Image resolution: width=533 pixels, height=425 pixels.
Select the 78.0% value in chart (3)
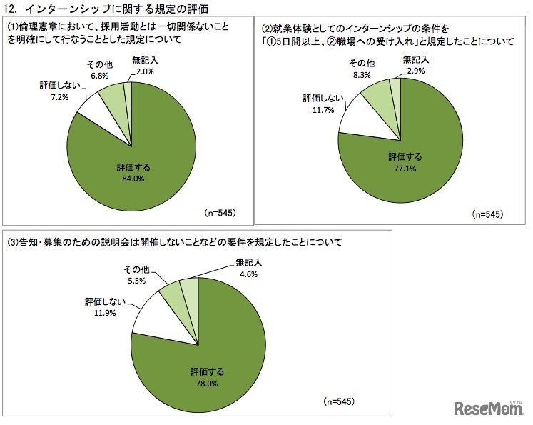(x=207, y=384)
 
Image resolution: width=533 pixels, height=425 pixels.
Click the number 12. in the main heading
(x=14, y=9)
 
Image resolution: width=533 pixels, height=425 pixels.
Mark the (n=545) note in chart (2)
(x=487, y=214)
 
